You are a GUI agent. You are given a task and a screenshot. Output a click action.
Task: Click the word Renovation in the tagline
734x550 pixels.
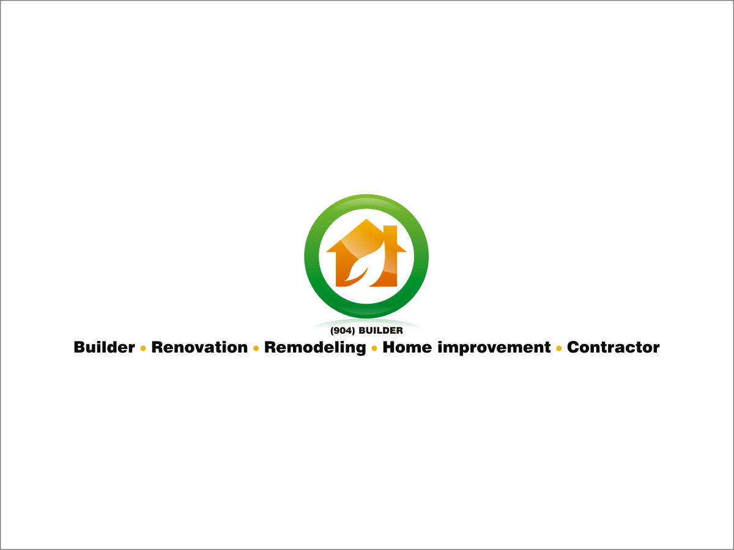pyautogui.click(x=199, y=348)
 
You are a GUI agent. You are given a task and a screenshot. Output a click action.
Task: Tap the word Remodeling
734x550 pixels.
pyautogui.click(x=315, y=348)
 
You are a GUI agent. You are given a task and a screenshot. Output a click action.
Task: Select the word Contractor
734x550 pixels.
pyautogui.click(x=614, y=348)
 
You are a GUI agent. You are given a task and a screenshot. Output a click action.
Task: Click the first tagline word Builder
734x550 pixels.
pyautogui.click(x=104, y=348)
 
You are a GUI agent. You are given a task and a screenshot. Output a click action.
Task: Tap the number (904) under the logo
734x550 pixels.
pyautogui.click(x=342, y=331)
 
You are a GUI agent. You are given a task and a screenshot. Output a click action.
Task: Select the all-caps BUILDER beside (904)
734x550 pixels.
pyautogui.click(x=380, y=331)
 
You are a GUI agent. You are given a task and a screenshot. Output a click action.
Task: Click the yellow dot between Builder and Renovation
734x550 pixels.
pyautogui.click(x=143, y=348)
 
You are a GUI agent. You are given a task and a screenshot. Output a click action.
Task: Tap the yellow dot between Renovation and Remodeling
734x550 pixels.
pyautogui.click(x=256, y=348)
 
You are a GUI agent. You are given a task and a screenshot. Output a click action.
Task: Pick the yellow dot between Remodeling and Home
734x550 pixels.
pyautogui.click(x=374, y=348)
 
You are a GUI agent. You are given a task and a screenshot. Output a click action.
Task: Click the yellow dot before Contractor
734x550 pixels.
pyautogui.click(x=559, y=348)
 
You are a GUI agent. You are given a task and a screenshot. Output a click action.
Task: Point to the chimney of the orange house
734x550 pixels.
pyautogui.click(x=390, y=235)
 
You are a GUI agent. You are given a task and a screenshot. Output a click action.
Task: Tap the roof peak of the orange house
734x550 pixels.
pyautogui.click(x=366, y=221)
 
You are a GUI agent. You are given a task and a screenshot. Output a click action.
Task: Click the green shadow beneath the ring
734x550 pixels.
pyautogui.click(x=366, y=322)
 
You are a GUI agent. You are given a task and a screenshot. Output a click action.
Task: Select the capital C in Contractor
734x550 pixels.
pyautogui.click(x=574, y=348)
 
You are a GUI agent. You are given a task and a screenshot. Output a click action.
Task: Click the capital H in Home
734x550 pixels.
pyautogui.click(x=389, y=347)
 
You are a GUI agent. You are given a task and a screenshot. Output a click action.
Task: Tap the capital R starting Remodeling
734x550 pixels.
pyautogui.click(x=270, y=347)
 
